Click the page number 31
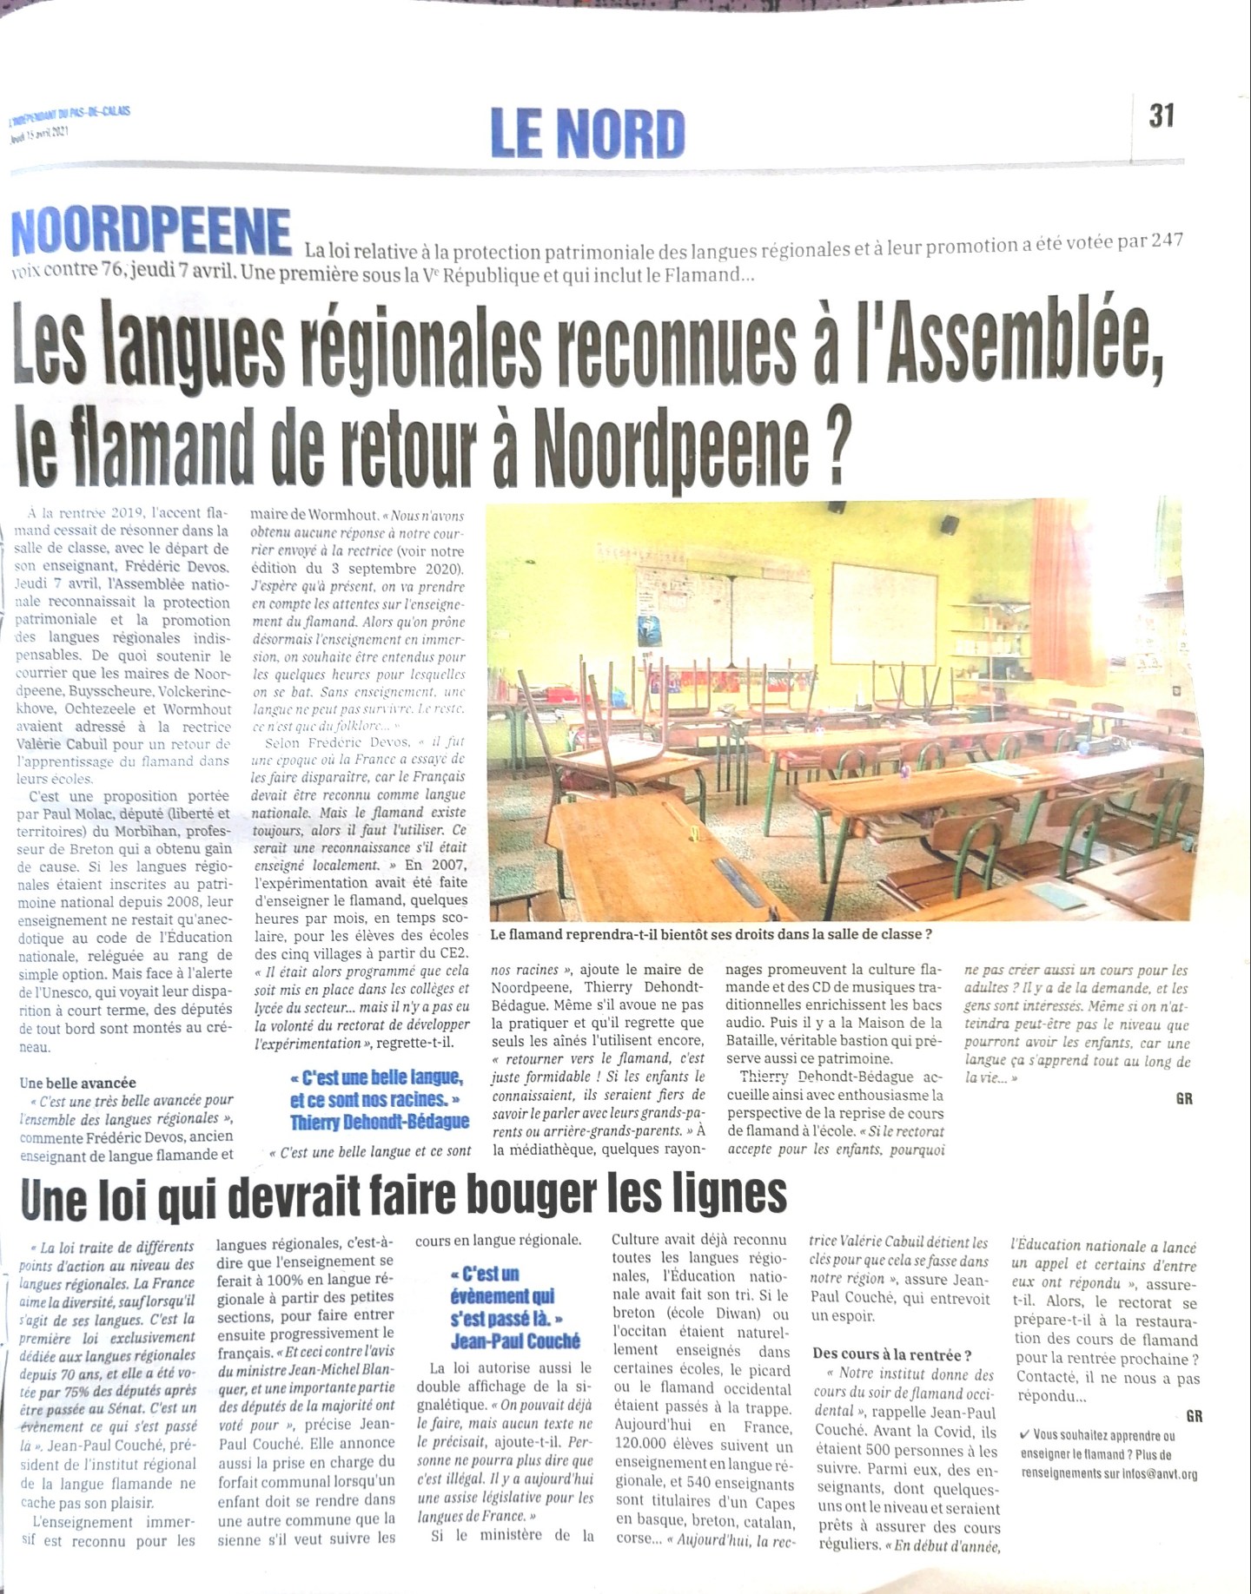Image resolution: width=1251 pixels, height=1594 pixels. pos(1162,115)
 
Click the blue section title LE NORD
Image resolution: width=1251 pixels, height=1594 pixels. pos(588,133)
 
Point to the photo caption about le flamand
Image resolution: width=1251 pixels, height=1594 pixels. pos(711,934)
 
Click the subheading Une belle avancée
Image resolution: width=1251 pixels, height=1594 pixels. pos(77,1083)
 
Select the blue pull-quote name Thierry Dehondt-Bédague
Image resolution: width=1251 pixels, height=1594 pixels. pos(380,1122)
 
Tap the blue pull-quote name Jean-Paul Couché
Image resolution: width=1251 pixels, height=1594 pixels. pos(515,1341)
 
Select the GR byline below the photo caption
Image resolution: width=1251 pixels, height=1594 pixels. pos(1184,1098)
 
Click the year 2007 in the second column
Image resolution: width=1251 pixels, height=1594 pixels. pos(449,865)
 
